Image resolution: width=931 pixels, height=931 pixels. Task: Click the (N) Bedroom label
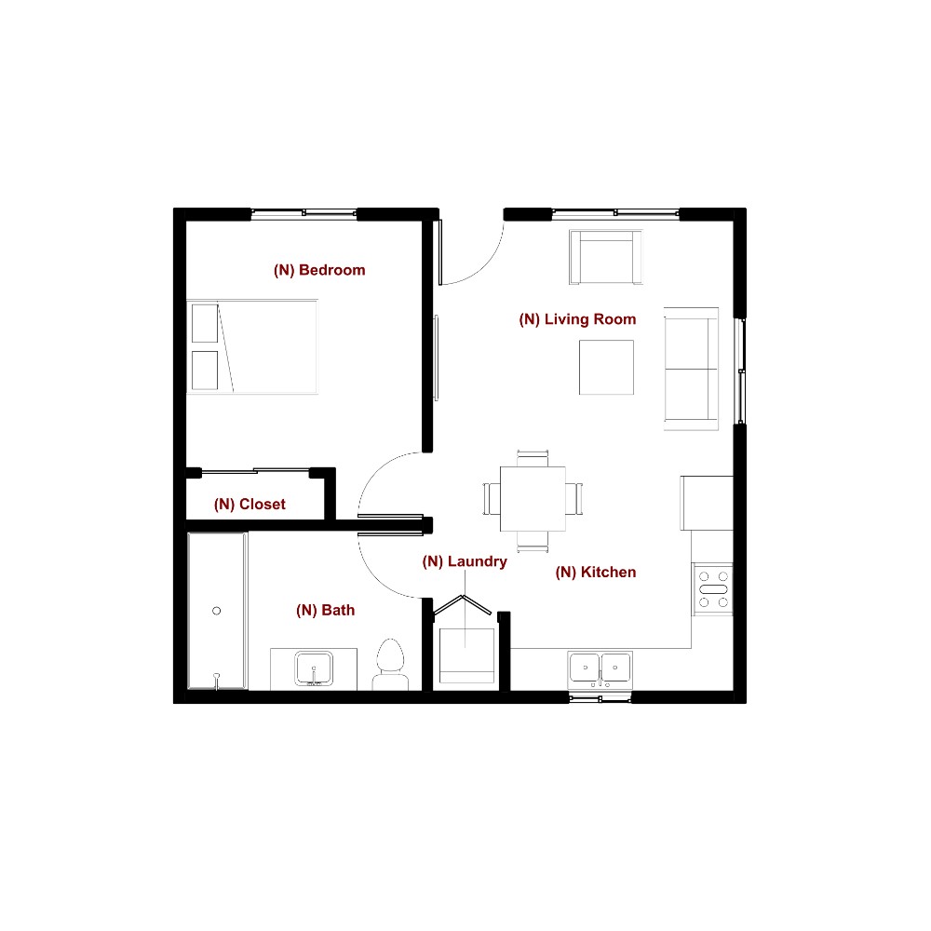pos(319,271)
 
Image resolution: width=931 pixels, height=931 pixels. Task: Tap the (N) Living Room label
pos(577,319)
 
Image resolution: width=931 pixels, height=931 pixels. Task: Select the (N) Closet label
pos(250,505)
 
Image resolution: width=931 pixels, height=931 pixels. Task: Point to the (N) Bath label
pos(325,611)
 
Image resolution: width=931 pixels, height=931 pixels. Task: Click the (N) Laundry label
pos(465,561)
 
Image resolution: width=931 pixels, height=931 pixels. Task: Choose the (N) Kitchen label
pos(596,573)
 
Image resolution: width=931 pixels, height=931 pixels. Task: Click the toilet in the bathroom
pos(390,664)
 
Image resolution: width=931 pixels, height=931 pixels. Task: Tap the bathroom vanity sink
pos(314,668)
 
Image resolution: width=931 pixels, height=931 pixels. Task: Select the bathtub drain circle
pos(216,611)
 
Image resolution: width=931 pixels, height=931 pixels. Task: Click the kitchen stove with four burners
pos(714,589)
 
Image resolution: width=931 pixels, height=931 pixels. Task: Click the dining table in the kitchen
pos(533,498)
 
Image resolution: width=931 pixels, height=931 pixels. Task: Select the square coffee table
pos(606,367)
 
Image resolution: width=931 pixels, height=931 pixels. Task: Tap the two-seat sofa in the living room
pos(691,368)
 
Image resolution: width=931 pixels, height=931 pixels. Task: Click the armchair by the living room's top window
pos(606,257)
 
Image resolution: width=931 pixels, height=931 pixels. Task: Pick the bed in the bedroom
pos(252,346)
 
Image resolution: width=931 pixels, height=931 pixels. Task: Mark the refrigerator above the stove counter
pos(707,503)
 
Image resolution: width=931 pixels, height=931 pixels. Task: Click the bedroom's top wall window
pos(304,214)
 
